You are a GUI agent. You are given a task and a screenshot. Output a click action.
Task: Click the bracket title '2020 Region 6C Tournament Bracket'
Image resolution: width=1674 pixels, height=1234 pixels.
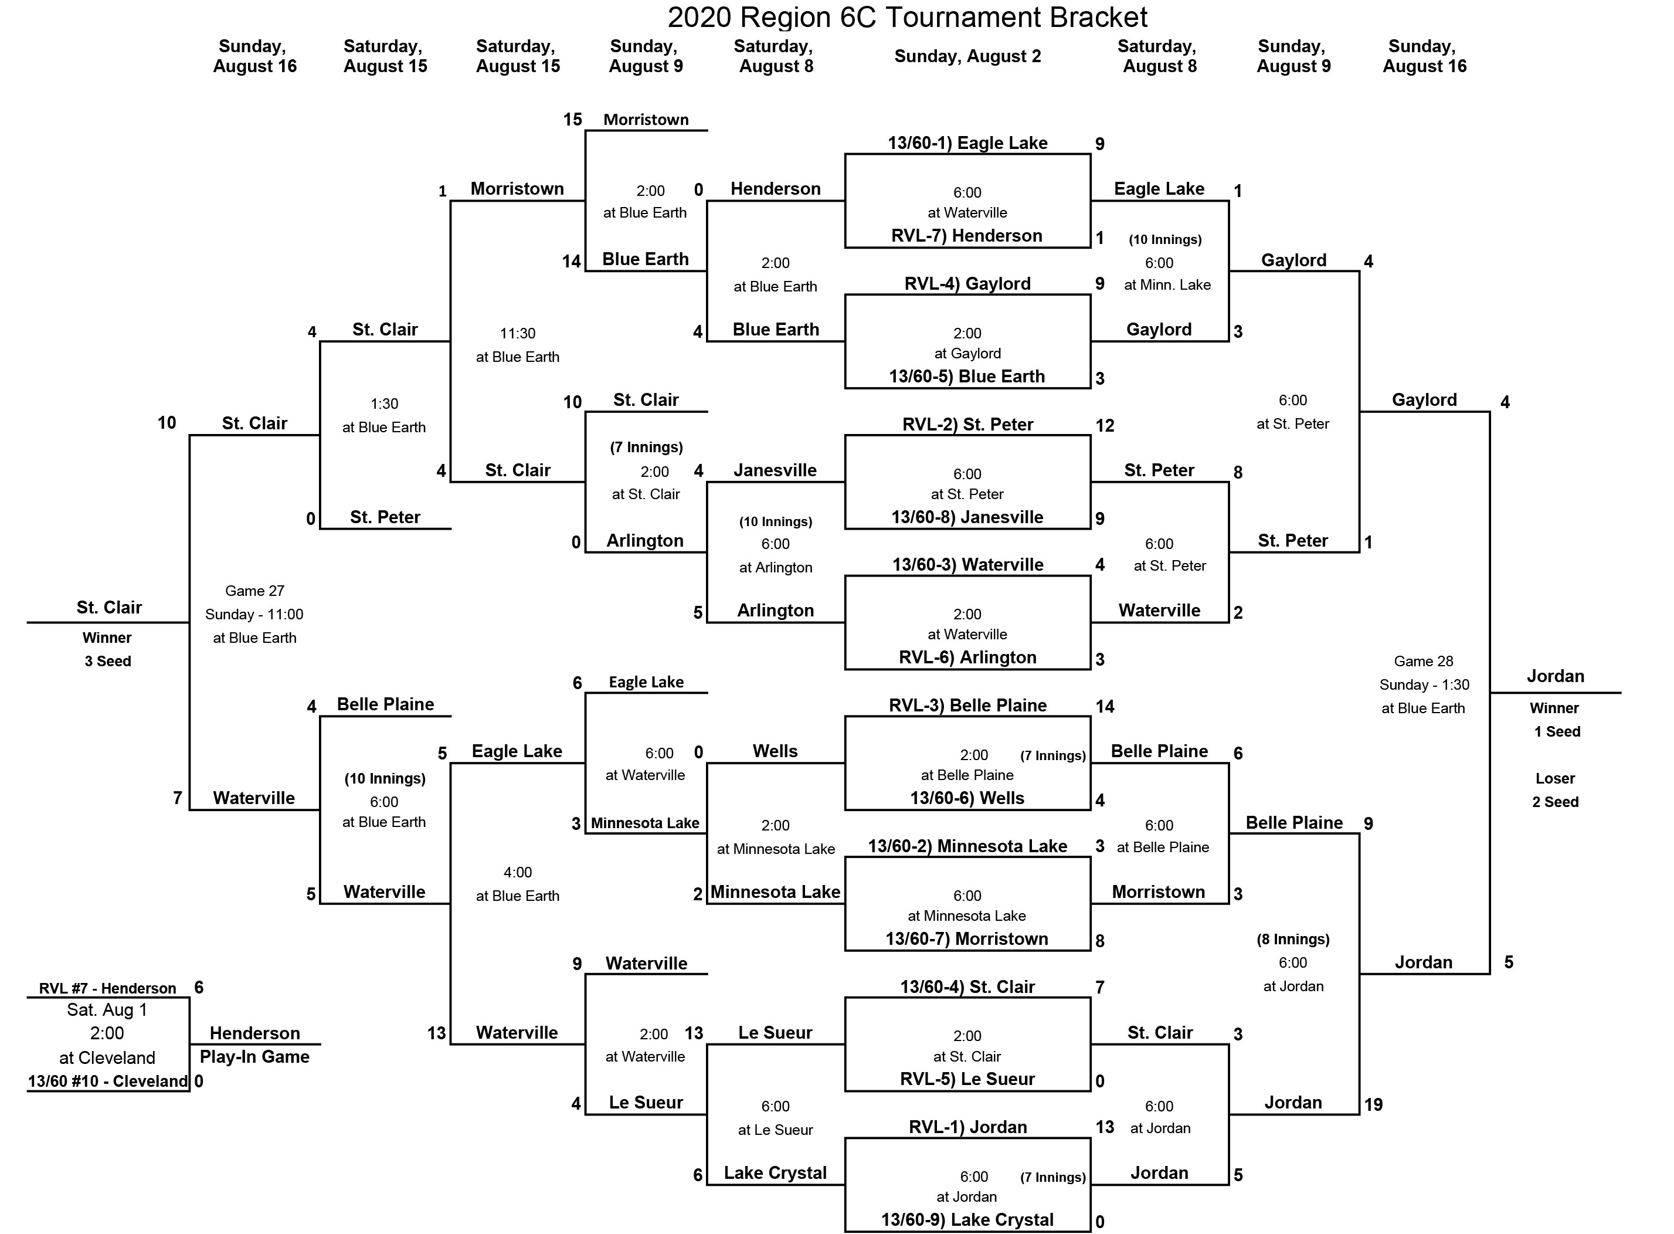(907, 16)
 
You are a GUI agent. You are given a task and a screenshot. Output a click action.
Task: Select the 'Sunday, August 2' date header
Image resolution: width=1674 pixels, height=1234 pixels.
(967, 56)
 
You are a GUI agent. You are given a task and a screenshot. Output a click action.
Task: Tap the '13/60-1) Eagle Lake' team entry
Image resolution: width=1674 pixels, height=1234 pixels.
(967, 143)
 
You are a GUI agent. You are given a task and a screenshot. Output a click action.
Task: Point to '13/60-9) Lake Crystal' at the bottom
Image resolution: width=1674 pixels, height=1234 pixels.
(967, 1220)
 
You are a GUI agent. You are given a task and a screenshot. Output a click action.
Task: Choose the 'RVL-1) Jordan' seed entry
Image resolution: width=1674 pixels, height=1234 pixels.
(967, 1127)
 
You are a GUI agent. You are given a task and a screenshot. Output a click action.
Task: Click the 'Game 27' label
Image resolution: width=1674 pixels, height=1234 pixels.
(254, 591)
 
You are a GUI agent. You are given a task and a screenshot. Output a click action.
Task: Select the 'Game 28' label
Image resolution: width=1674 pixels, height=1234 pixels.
(1423, 661)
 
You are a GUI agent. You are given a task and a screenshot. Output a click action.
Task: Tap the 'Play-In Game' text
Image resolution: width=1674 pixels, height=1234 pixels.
(254, 1056)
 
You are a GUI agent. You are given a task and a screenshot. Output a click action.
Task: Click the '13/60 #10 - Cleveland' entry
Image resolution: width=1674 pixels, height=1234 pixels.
(107, 1081)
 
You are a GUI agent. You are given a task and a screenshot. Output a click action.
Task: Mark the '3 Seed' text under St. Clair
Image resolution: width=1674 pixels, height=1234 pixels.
(107, 661)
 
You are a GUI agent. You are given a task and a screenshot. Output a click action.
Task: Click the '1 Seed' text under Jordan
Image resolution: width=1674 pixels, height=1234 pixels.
(1557, 731)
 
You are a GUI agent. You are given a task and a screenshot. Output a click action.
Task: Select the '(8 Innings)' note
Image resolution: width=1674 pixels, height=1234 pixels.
(1292, 939)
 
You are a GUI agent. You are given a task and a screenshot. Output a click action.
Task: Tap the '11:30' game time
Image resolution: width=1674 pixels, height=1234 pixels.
(517, 333)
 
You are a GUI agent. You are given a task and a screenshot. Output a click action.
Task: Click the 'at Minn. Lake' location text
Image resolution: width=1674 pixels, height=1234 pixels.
(1167, 284)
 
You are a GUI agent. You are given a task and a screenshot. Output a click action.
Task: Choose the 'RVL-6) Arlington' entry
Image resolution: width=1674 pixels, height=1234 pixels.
(967, 657)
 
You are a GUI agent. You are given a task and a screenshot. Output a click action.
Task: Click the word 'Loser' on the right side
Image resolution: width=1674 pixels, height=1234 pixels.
(1556, 778)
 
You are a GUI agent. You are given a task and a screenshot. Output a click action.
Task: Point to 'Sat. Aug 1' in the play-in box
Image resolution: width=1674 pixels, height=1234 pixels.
(107, 1010)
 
